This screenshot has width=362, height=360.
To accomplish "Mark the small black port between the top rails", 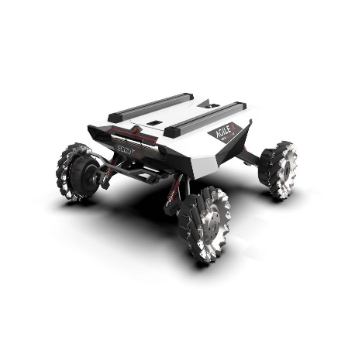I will [154, 122].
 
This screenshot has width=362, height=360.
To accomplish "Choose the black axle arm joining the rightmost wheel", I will [250, 158].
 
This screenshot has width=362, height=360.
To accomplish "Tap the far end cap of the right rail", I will [240, 106].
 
